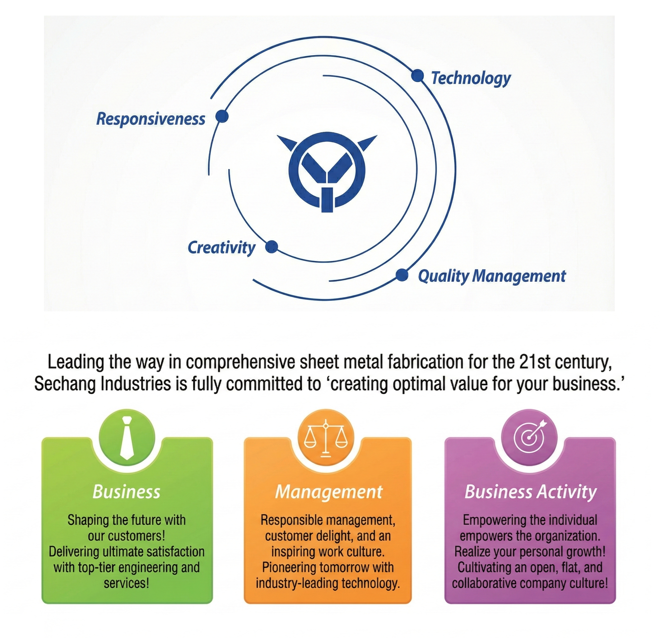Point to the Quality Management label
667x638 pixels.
coord(492,276)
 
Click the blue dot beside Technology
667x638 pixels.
coord(417,75)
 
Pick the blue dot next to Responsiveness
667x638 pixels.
coord(222,116)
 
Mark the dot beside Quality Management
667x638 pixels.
coord(402,275)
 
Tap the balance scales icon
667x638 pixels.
coord(326,439)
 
